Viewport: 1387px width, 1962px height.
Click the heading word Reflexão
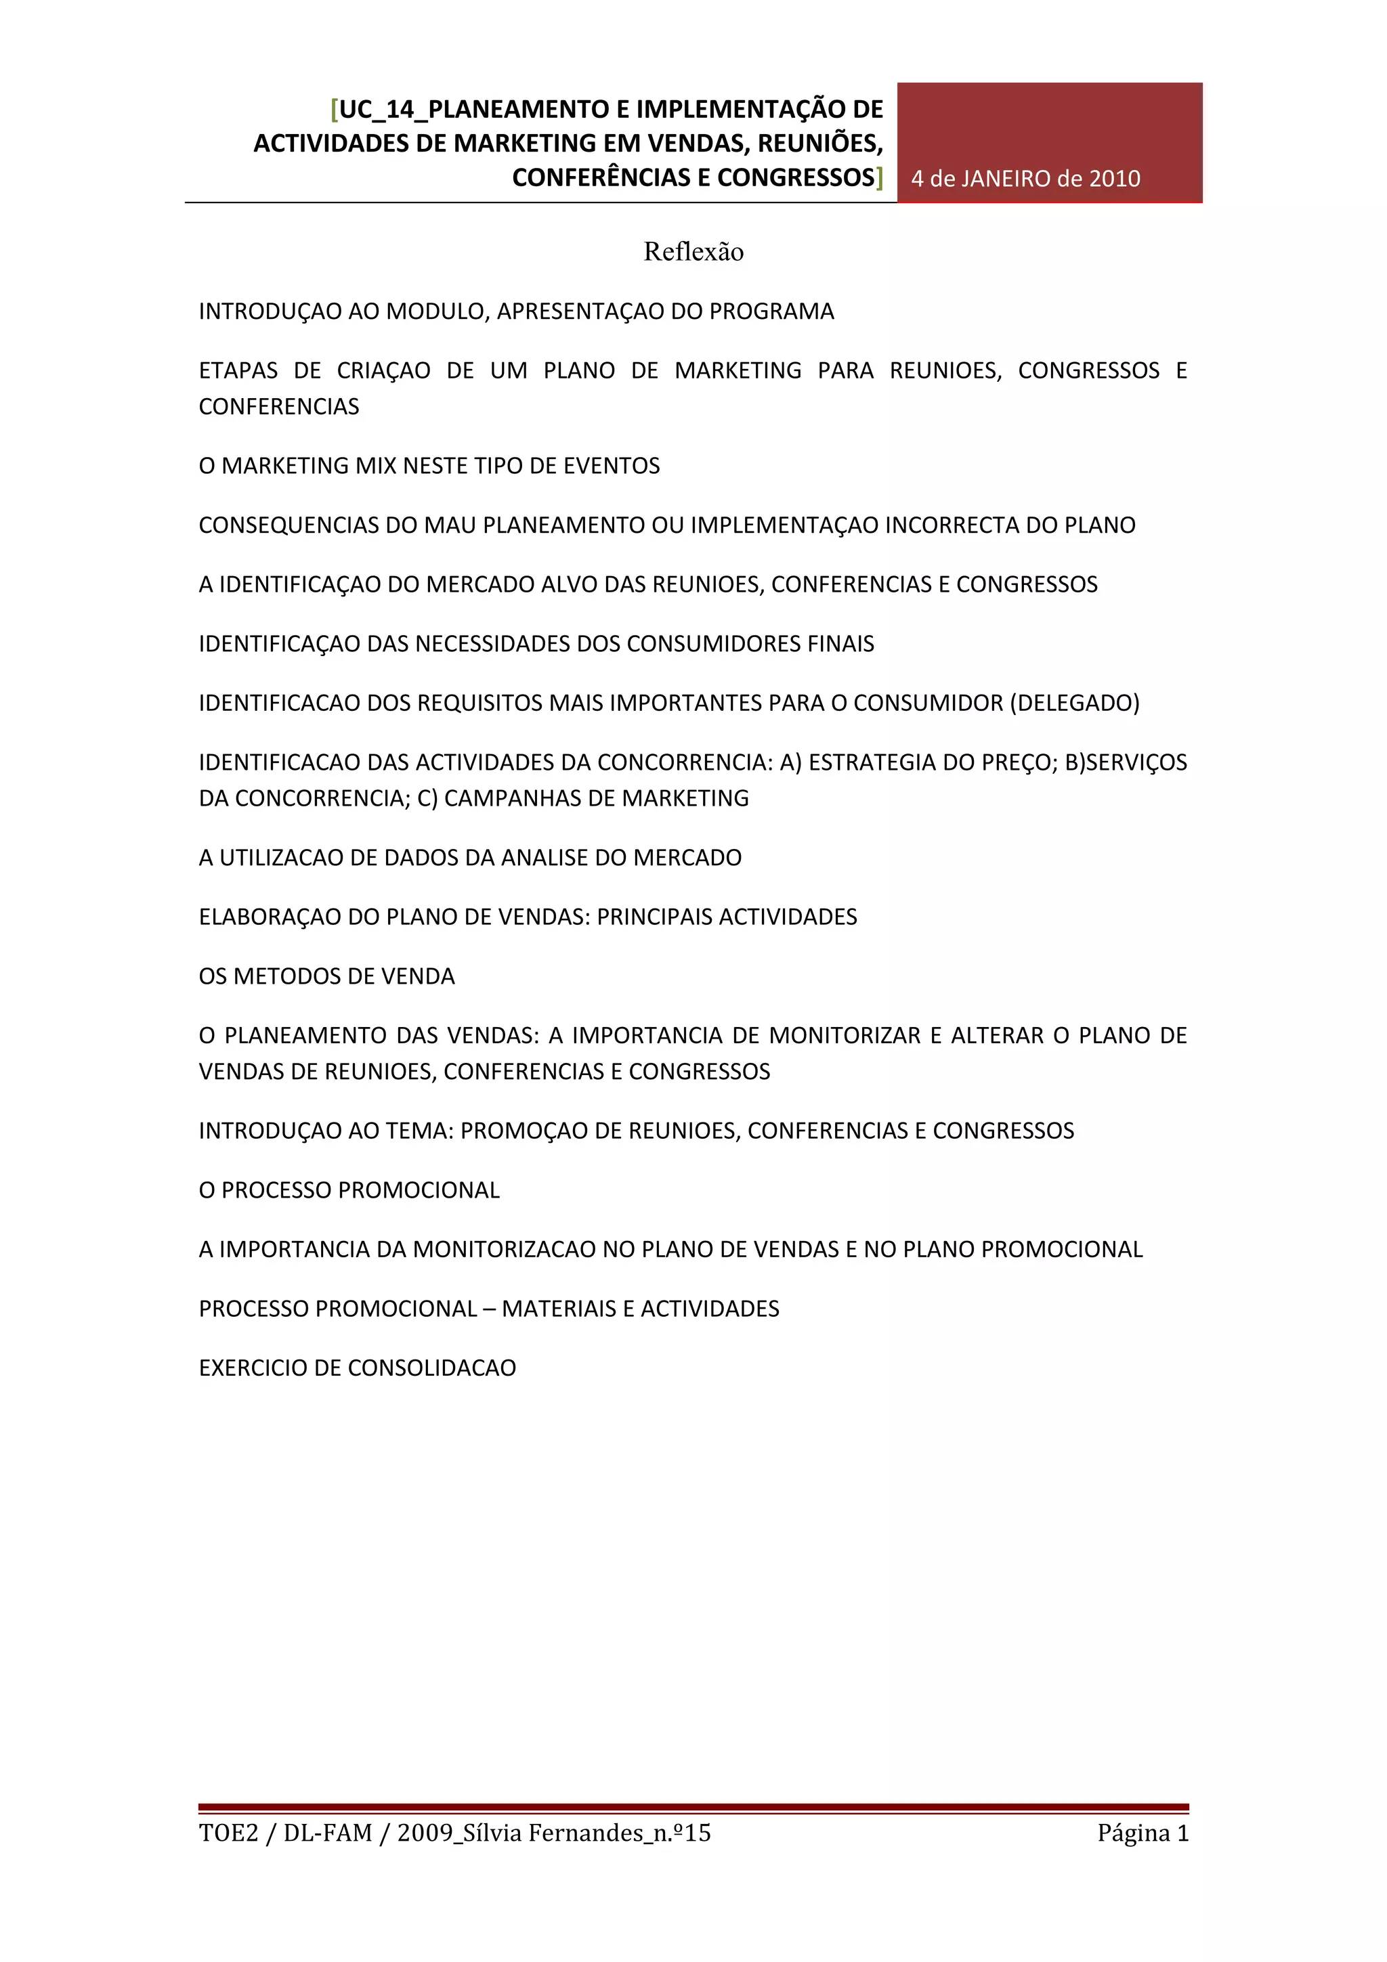point(693,252)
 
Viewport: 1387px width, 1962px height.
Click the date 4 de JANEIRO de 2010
point(1025,179)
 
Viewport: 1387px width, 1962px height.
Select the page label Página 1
point(1143,1834)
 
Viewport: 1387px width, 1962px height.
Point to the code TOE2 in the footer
point(228,1834)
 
